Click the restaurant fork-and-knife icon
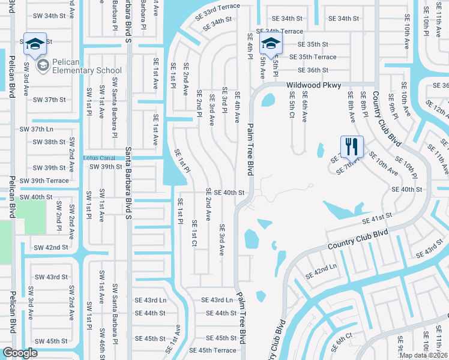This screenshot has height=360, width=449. (351, 146)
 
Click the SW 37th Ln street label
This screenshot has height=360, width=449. (37, 129)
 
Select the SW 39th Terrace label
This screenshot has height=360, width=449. (44, 181)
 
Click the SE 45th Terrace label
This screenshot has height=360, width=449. (212, 350)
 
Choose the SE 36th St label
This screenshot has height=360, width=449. (309, 70)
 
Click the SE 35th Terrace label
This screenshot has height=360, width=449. (313, 57)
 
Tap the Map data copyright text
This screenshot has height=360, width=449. (423, 355)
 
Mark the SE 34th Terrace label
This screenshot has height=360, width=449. (279, 31)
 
